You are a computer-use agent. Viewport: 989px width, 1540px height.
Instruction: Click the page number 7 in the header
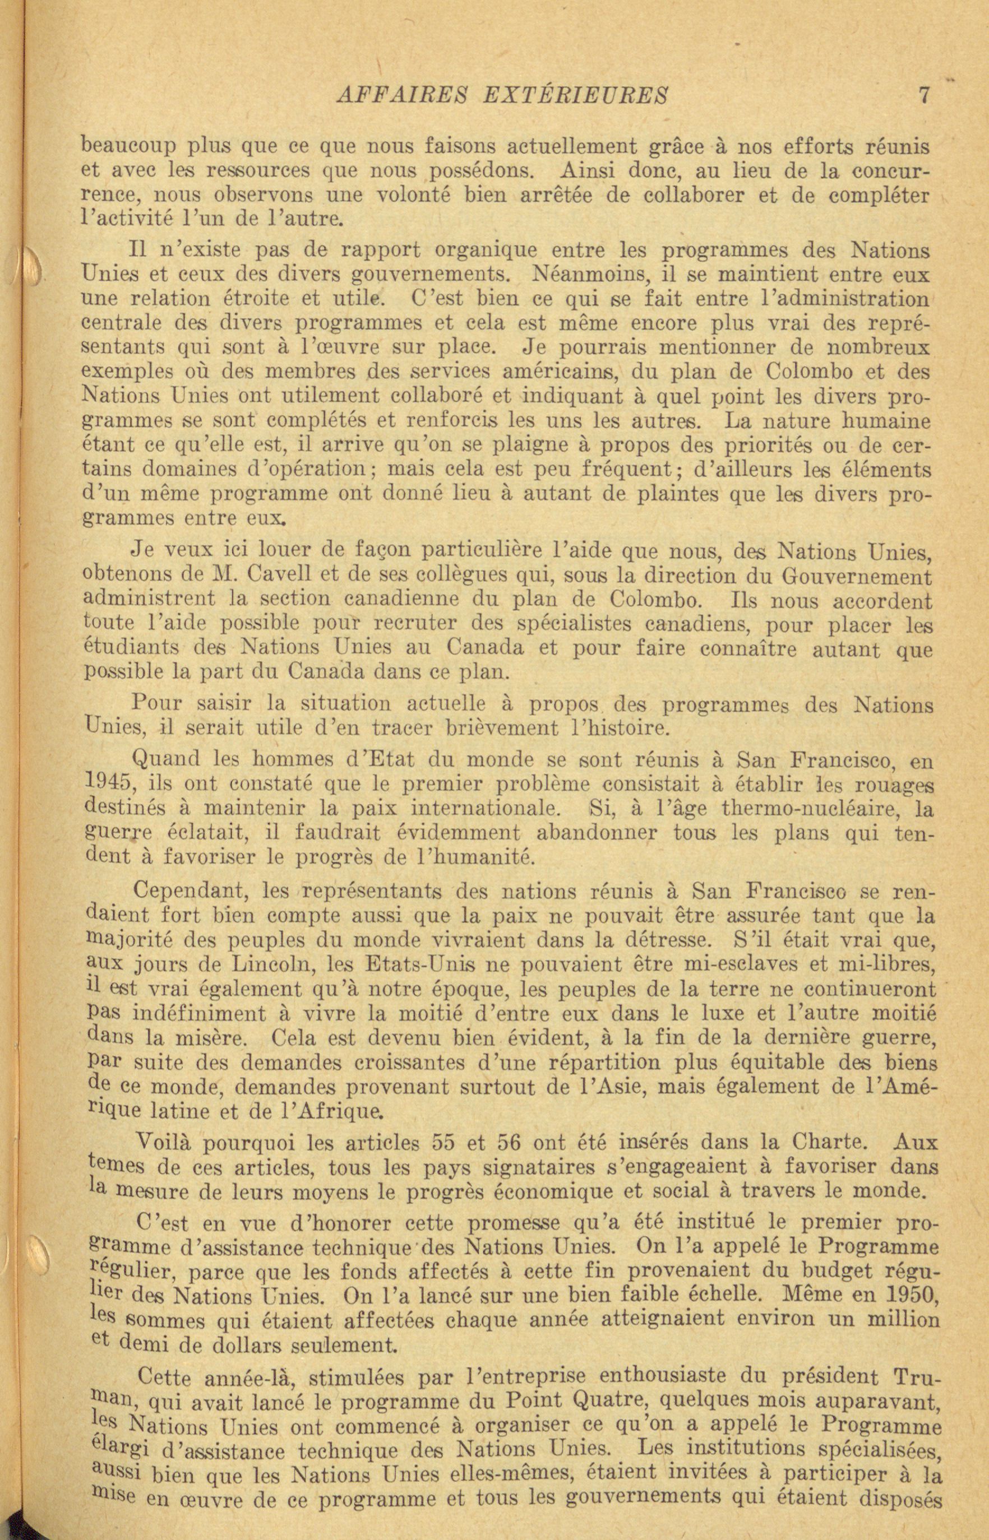point(924,95)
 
